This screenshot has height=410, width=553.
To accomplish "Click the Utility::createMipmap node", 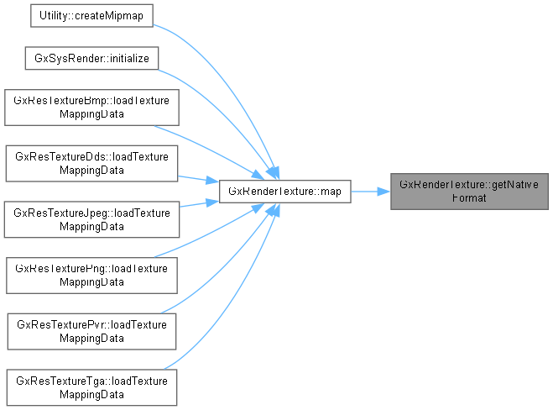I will pyautogui.click(x=91, y=18).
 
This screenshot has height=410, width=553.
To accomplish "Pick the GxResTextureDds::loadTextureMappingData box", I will pyautogui.click(x=91, y=163).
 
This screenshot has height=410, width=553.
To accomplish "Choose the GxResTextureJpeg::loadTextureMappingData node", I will pyautogui.click(x=91, y=218).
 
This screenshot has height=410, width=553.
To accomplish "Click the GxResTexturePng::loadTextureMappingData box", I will pyautogui.click(x=91, y=274).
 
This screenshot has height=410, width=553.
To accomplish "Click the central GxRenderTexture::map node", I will pyautogui.click(x=284, y=192).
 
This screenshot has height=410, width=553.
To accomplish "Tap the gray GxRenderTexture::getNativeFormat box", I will pyautogui.click(x=469, y=192).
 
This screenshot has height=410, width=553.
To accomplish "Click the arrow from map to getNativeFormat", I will pyautogui.click(x=369, y=192).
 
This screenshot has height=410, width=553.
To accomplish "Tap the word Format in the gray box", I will pyautogui.click(x=469, y=198).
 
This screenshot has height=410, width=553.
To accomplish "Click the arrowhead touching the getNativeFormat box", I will pyautogui.click(x=383, y=192).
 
